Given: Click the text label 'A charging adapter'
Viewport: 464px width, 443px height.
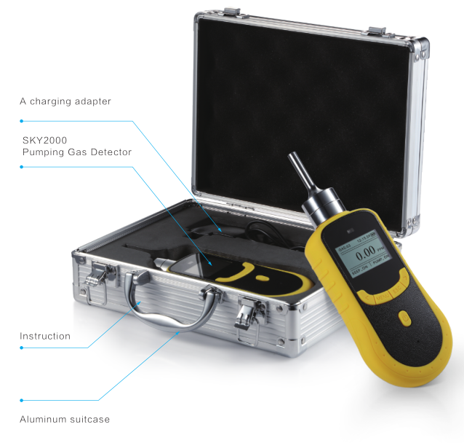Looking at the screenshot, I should pos(65,101).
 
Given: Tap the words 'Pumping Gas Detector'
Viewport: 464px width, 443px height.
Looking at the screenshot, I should pos(76,152).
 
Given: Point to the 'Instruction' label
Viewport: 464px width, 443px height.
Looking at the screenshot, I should pos(45,336).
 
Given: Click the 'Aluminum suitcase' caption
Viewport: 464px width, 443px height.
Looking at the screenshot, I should pos(65,419).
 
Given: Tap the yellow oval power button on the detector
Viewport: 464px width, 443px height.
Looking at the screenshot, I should pos(404,318).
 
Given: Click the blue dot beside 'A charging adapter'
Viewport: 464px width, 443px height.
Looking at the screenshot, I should pos(22,121).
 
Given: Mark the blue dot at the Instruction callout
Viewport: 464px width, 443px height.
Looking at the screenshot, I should pos(22,348).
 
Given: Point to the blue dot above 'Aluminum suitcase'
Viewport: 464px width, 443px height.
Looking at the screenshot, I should pos(22,400).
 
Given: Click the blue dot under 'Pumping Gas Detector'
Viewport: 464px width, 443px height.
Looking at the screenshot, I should pos(22,167).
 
